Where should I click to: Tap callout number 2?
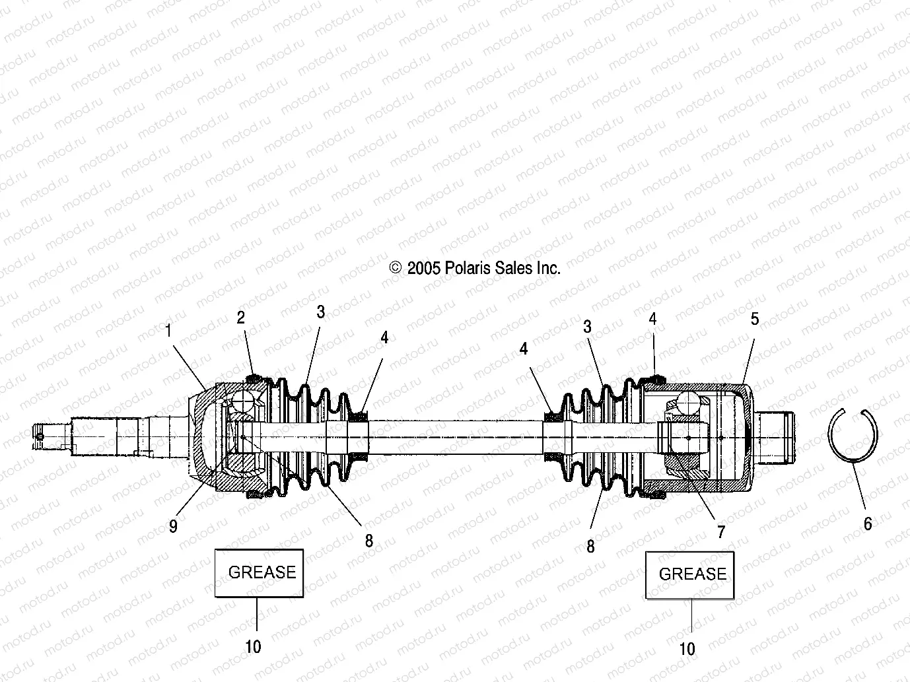(241, 318)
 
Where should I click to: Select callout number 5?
(755, 320)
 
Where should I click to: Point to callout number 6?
(868, 524)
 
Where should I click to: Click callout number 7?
(721, 531)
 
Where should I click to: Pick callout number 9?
(173, 526)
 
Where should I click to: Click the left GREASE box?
(259, 572)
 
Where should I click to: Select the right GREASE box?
(690, 574)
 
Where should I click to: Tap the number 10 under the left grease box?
(254, 647)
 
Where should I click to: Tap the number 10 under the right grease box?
(687, 649)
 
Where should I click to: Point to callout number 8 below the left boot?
(369, 541)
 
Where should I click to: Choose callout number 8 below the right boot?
(590, 546)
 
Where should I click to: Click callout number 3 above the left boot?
(321, 312)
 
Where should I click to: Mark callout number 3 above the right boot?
(587, 326)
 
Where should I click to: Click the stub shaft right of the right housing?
(777, 437)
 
